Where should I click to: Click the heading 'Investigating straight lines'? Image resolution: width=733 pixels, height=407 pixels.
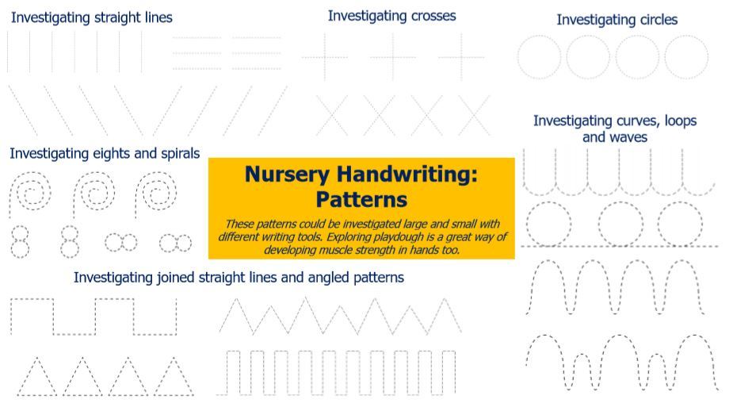tap(92, 17)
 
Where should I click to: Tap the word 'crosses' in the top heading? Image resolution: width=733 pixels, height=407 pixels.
tap(433, 16)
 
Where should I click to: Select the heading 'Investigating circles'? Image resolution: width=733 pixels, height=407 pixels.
tap(617, 20)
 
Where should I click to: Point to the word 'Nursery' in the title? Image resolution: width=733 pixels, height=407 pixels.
tap(287, 174)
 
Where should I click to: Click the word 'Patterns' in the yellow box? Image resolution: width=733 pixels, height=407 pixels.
tap(361, 200)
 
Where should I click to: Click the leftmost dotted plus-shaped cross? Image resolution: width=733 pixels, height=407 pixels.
tap(324, 57)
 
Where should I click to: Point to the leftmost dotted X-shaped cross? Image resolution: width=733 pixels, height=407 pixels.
tap(332, 116)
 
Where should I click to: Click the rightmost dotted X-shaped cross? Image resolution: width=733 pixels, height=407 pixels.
tap(474, 116)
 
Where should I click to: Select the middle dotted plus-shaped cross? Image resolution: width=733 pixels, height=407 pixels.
tap(393, 57)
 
